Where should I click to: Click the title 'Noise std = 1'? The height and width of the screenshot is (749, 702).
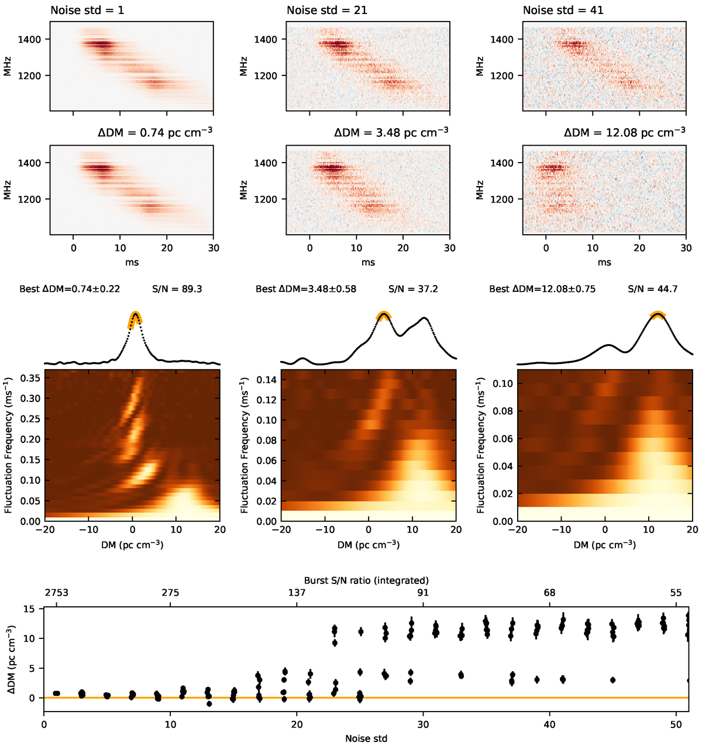click(x=87, y=11)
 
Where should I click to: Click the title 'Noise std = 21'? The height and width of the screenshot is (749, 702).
click(x=326, y=11)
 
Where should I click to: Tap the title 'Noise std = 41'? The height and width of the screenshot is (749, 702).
click(x=563, y=11)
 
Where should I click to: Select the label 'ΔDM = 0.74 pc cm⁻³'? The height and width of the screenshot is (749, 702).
click(x=155, y=133)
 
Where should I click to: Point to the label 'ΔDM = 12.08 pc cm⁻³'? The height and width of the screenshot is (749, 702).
click(x=624, y=133)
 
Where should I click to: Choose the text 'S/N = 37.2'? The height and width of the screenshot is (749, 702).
click(x=413, y=289)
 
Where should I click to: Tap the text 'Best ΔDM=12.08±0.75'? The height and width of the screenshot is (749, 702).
click(x=542, y=289)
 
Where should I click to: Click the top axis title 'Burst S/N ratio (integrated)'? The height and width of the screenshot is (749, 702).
click(x=366, y=580)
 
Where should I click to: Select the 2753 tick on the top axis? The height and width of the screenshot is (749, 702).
click(x=56, y=593)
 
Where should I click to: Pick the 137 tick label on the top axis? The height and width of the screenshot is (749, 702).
click(x=297, y=593)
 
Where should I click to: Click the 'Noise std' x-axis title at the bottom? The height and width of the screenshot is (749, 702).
click(x=366, y=738)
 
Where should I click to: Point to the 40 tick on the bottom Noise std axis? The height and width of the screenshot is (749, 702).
click(x=550, y=724)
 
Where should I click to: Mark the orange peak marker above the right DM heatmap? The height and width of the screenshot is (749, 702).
click(x=658, y=315)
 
